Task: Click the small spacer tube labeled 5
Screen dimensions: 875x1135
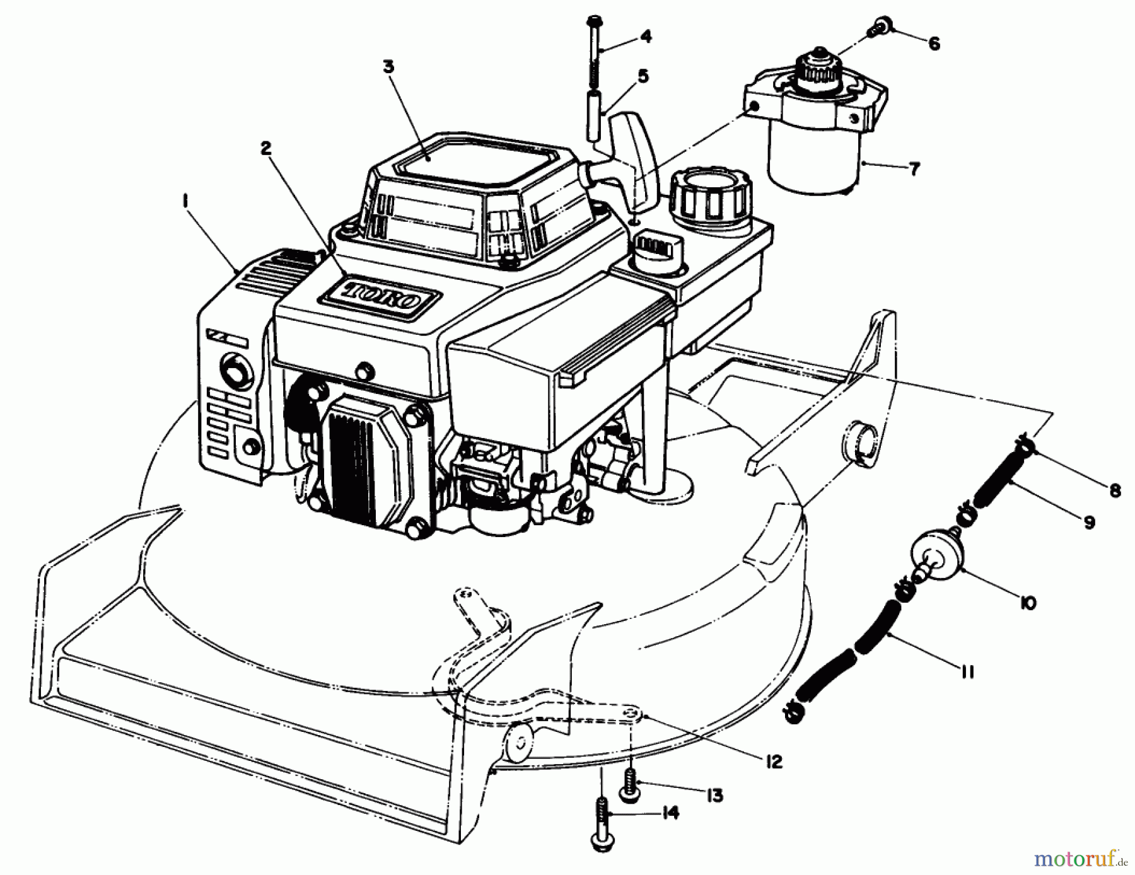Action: [593, 117]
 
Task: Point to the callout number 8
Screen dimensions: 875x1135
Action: [1114, 490]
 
